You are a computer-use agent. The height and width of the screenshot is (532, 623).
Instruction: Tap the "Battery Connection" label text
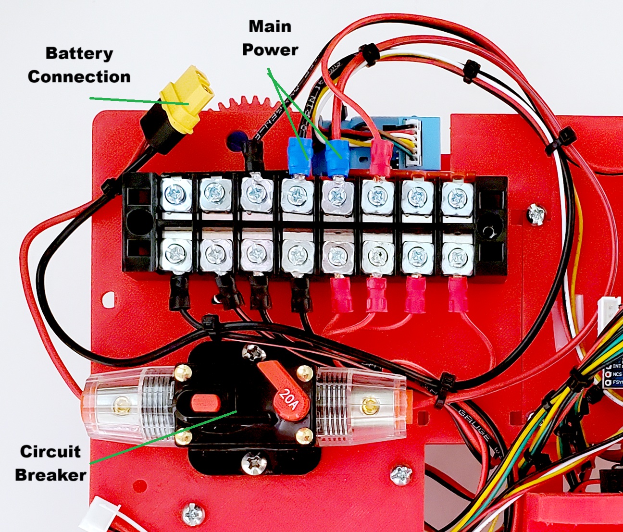79,65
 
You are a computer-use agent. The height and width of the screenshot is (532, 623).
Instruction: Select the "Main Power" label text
270,38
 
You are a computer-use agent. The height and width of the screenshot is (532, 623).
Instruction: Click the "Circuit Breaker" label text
50,463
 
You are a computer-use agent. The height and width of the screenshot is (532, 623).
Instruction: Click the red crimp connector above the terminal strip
381,159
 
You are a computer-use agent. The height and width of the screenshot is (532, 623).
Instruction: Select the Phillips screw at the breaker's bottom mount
253,463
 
